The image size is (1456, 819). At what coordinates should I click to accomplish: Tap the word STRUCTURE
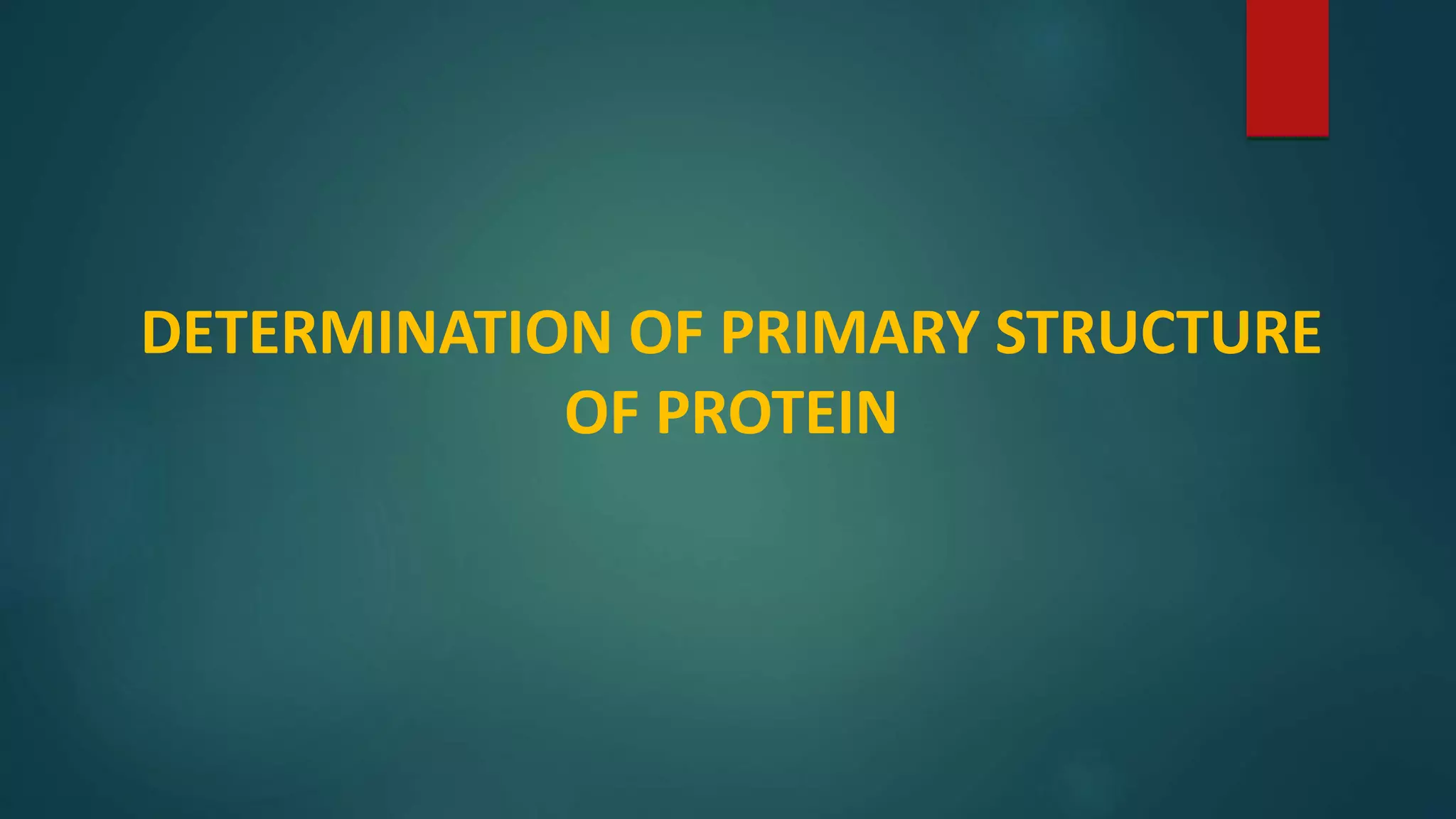coord(1158,333)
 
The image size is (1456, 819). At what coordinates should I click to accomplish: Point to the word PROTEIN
coord(776,413)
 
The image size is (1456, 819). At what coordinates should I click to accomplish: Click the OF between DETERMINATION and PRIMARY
coord(666,333)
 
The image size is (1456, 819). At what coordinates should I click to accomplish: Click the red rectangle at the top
coord(1288,68)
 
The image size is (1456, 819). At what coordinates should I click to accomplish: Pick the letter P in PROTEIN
coord(676,413)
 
